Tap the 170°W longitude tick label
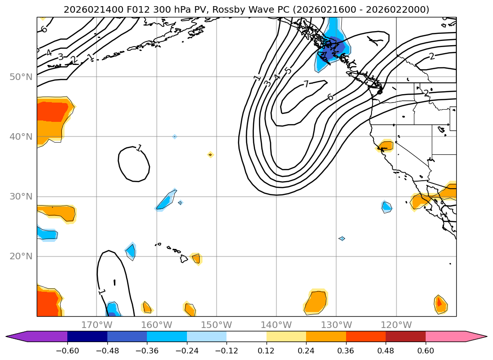[97, 325]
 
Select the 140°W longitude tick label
[276, 325]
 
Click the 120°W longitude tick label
[396, 325]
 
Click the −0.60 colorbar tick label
[67, 350]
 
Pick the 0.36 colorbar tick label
[346, 350]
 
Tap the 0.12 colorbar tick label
[266, 350]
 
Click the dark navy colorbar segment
[87, 336]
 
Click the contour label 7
[306, 84]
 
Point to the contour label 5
[288, 71]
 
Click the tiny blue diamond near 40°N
[175, 136]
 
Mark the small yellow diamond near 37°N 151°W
[210, 154]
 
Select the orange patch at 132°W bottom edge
[315, 303]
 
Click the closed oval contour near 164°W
[134, 164]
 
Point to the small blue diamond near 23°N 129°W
[342, 239]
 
